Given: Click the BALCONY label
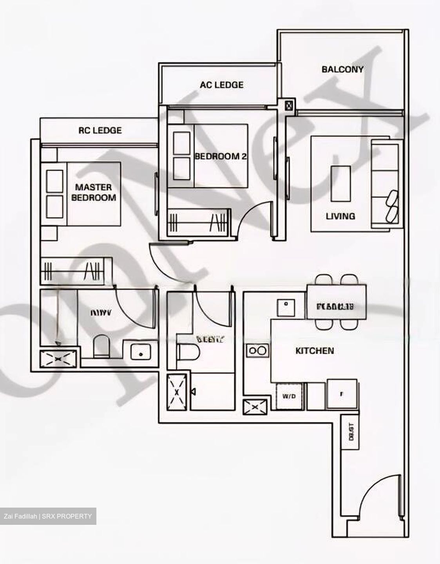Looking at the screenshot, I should tap(342, 69).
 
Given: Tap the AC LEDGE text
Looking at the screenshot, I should tap(221, 85).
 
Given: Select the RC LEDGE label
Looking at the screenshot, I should tap(100, 130).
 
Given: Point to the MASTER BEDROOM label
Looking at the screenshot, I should tap(94, 192).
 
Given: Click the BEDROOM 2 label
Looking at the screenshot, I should tap(221, 156).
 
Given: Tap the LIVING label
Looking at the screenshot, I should tap(340, 216).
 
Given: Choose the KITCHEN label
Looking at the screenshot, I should tap(315, 351).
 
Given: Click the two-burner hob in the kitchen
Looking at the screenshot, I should tap(257, 350).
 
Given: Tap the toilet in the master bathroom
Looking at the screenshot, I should tap(101, 346).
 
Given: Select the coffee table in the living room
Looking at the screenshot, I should tap(340, 183).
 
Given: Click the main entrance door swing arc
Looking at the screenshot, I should tap(380, 493).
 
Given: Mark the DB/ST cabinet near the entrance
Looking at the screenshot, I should tap(351, 431).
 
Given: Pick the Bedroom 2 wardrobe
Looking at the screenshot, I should tap(197, 222).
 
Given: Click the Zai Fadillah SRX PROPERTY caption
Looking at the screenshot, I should tap(48, 516).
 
